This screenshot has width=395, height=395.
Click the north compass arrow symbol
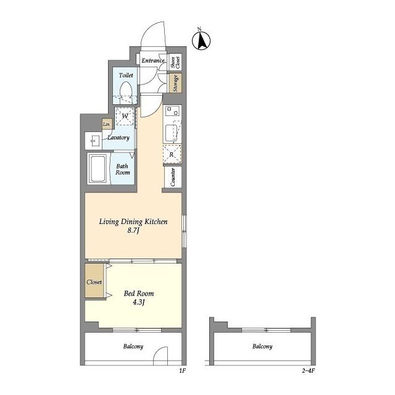coord(201,40)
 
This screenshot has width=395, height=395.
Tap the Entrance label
coord(153,60)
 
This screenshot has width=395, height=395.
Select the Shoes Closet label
coord(175,62)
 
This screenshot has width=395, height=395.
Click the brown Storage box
coord(175,83)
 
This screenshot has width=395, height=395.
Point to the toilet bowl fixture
coord(126,92)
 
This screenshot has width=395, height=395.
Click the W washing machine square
coord(125,116)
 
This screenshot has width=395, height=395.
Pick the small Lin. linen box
coord(107,124)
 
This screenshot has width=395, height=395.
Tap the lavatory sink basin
coord(94,141)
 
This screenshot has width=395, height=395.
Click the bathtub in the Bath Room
coord(98,168)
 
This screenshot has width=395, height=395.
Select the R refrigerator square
coord(172,154)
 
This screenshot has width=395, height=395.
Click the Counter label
coord(173,177)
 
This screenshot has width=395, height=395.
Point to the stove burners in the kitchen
coord(172,111)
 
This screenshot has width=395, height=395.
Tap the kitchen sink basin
coord(172,133)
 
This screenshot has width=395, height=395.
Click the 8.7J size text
coord(133,230)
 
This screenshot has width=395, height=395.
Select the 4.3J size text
coord(138,302)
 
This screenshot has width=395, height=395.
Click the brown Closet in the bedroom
coord(94,280)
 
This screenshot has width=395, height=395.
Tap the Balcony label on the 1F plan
coord(133,347)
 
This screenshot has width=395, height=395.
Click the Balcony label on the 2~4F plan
coord(262,347)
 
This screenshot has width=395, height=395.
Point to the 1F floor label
coord(183,370)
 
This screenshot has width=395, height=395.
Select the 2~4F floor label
coord(309,370)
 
